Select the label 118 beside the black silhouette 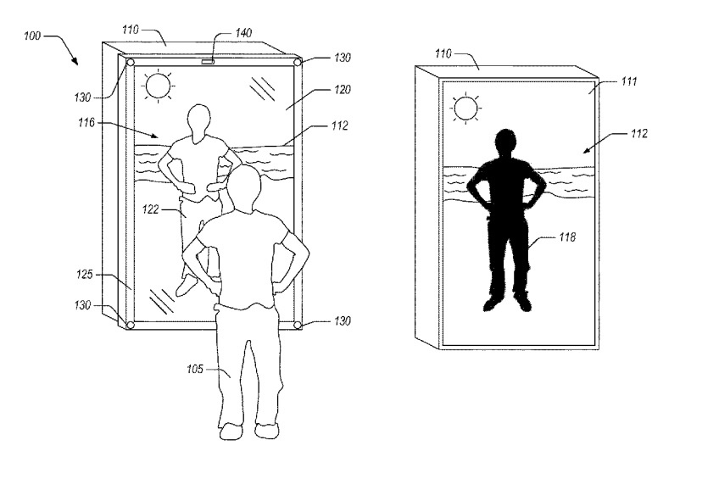point(566,238)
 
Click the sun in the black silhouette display point(465,107)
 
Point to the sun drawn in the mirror point(158,85)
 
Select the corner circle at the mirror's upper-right point(298,62)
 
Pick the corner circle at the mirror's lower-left point(131,325)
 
